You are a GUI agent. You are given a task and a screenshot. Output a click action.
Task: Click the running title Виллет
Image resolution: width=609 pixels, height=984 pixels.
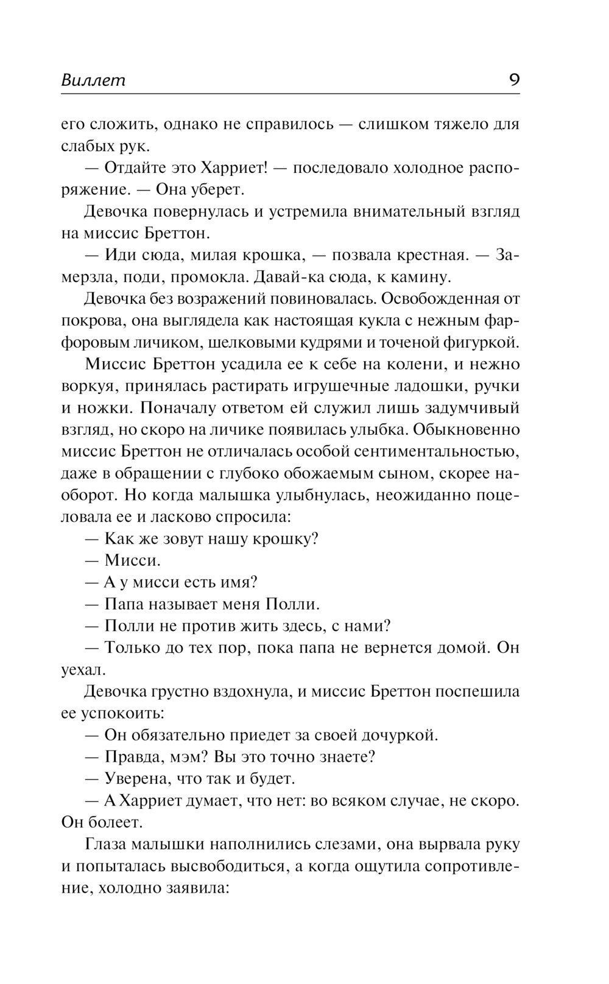[93, 80]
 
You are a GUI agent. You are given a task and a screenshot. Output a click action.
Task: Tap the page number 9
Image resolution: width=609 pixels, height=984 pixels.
[514, 80]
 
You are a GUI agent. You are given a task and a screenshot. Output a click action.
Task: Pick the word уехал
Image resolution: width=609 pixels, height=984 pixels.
[83, 670]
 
